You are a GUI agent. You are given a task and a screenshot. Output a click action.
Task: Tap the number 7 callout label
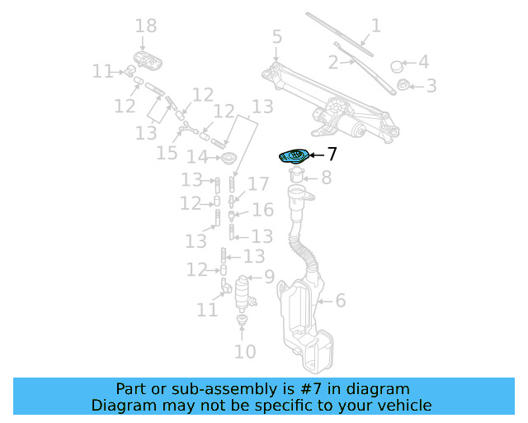click(332, 154)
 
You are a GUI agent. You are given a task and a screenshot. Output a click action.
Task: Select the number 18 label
click(145, 27)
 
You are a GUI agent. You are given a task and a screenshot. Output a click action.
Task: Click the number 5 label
click(276, 37)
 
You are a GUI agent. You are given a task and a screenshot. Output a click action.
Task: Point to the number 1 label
click(375, 26)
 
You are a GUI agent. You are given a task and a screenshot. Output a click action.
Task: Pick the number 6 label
click(340, 301)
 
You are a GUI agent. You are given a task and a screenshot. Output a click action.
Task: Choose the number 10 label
click(245, 352)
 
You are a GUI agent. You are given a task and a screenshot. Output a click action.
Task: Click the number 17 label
click(258, 183)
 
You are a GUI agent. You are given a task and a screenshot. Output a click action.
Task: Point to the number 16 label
click(262, 210)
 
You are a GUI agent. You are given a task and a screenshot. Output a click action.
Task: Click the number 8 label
click(326, 177)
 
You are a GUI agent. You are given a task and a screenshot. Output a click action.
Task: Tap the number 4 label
click(423, 62)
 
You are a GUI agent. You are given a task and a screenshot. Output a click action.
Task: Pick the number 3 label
click(431, 85)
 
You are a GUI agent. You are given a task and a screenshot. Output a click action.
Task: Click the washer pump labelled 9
click(243, 292)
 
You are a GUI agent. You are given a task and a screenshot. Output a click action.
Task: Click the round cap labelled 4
click(395, 65)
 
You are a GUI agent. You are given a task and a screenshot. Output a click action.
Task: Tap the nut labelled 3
click(404, 84)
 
